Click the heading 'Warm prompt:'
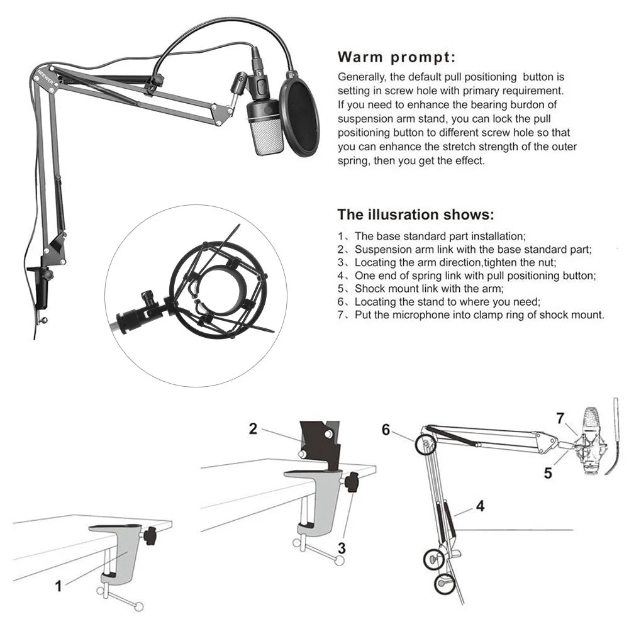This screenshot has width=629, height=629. click(x=396, y=57)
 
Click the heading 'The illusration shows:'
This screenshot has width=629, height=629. click(x=416, y=214)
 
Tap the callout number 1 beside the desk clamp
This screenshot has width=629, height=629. click(x=58, y=586)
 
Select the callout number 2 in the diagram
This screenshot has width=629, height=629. click(x=253, y=429)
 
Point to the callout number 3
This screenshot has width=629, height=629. click(x=342, y=548)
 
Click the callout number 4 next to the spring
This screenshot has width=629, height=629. click(x=481, y=506)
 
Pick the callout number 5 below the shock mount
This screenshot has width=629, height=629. click(x=548, y=474)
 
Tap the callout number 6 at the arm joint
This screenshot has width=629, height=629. click(x=386, y=430)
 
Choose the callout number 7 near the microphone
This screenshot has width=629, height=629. click(x=560, y=418)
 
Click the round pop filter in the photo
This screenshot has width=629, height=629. click(x=300, y=113)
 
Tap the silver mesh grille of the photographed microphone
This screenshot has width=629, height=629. click(x=269, y=138)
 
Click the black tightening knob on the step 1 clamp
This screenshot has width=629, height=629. click(x=150, y=537)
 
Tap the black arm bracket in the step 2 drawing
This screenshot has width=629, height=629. click(x=320, y=443)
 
